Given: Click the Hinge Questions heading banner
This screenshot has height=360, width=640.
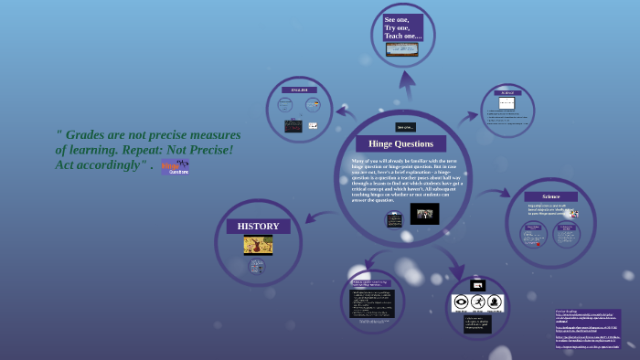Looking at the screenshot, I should coord(400,143).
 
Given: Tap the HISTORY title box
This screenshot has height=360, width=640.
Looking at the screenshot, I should coord(258,226).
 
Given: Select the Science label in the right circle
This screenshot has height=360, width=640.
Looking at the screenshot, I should coord(550,196).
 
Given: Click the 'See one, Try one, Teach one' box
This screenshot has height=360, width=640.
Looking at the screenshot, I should coord(402,27).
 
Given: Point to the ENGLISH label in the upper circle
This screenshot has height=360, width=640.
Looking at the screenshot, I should coord(299,90).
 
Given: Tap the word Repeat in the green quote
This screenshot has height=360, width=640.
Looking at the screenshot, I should coord(179,149).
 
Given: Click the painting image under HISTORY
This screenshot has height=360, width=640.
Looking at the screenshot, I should coord(258,244).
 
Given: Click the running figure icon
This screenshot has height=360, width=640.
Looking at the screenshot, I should coord(478,302).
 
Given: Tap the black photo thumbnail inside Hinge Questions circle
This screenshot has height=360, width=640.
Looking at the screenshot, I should coord(424,214).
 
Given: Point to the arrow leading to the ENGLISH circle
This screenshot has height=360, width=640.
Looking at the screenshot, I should coord(346,111).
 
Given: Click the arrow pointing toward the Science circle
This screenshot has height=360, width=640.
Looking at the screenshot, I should coord(498,193).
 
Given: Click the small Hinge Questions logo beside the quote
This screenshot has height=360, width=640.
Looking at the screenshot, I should coord(175,166).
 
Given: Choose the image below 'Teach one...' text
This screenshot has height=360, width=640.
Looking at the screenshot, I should coord(402,49).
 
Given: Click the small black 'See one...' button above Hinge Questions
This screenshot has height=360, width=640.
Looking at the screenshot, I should coord(405,127).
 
